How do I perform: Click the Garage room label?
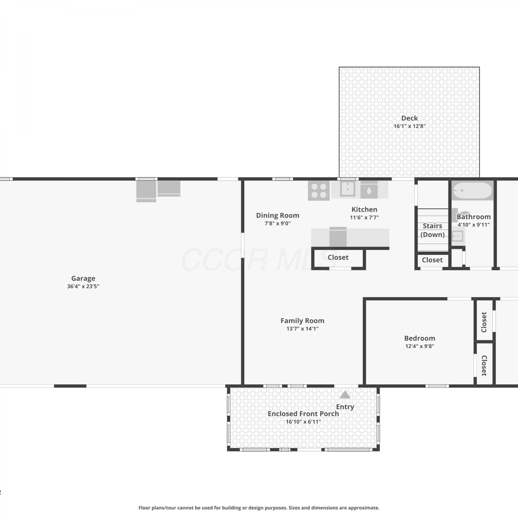tap(83, 278)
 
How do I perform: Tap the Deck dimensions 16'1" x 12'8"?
tap(410, 126)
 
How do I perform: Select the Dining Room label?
tap(278, 215)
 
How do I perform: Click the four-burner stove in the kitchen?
tap(319, 191)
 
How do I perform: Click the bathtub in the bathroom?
tap(472, 191)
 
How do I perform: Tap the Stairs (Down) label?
tap(432, 230)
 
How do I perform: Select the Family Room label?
tap(302, 321)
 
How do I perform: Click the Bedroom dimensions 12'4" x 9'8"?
tap(420, 346)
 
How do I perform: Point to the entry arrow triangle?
tap(345, 395)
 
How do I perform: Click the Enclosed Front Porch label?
tap(303, 414)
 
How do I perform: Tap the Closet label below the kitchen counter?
tap(338, 258)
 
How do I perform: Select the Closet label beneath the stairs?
tap(432, 260)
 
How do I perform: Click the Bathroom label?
tap(474, 217)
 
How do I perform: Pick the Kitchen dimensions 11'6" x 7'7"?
tap(364, 218)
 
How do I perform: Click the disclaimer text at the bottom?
tap(259, 508)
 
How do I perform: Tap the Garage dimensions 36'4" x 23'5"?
tap(83, 286)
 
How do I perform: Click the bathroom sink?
tap(458, 236)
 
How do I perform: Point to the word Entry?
tap(345, 407)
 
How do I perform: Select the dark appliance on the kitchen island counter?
tap(338, 237)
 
